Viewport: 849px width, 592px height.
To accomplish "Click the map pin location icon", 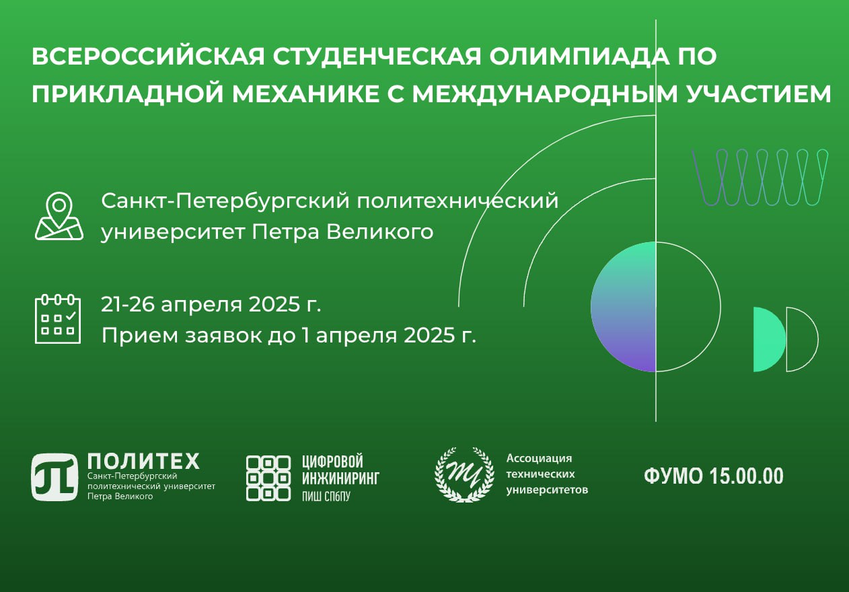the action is pyautogui.click(x=59, y=217).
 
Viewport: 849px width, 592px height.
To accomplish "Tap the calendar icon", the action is pyautogui.click(x=58, y=319).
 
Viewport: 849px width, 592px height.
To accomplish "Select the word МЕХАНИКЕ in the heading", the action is pyautogui.click(x=306, y=94).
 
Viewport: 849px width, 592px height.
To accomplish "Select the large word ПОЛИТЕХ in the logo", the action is pyautogui.click(x=143, y=461).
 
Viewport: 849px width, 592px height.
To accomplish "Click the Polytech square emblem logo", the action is pyautogui.click(x=54, y=477).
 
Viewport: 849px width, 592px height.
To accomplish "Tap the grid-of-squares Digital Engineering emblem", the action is pyautogui.click(x=268, y=478).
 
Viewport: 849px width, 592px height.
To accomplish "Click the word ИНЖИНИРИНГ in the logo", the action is pyautogui.click(x=340, y=478).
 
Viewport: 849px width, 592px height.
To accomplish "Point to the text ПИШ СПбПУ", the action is pyautogui.click(x=326, y=496).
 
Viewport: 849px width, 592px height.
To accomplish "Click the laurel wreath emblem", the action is pyautogui.click(x=464, y=475).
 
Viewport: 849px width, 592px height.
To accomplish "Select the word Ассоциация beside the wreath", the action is pyautogui.click(x=539, y=458).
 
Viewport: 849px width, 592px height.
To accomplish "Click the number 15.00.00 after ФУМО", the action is pyautogui.click(x=746, y=476).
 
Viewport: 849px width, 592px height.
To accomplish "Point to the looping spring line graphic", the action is pyautogui.click(x=760, y=178).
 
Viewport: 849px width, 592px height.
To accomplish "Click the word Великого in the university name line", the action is pyautogui.click(x=380, y=232).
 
